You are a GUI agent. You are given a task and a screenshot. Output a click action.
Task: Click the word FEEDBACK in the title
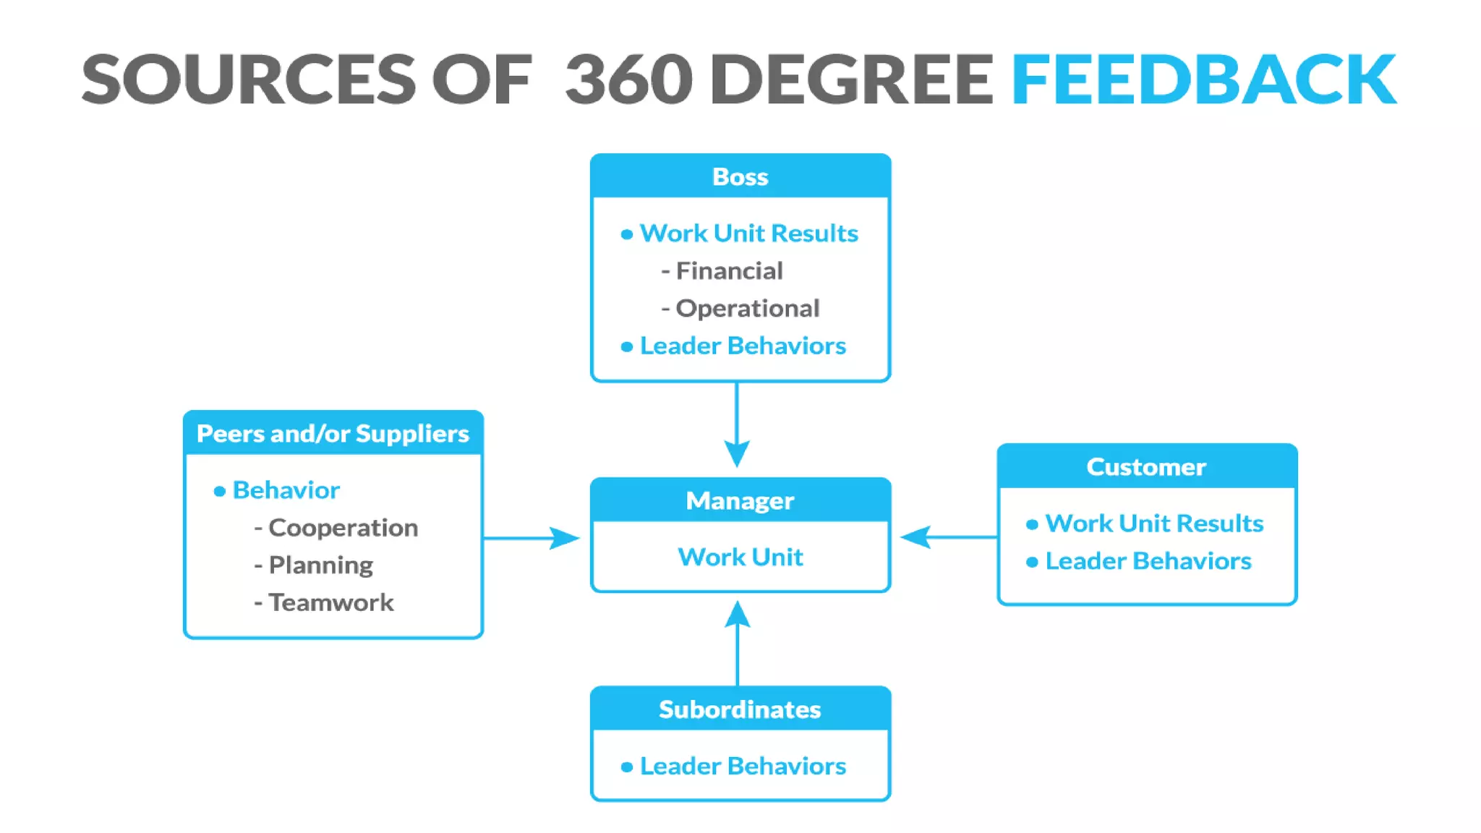(1203, 80)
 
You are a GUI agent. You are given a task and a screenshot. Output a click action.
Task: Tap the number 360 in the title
(628, 80)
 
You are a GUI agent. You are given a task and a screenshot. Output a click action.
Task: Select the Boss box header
(740, 176)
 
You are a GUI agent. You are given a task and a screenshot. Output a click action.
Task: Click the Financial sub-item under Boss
(729, 271)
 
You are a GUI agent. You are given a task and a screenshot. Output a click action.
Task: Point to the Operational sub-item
(747, 309)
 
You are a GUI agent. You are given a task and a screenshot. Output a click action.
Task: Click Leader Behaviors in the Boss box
(743, 346)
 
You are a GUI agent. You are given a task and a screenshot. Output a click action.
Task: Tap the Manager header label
(740, 500)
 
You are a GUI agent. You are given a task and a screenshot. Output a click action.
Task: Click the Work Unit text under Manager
(740, 557)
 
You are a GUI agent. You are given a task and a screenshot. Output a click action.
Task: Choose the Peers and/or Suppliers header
(333, 434)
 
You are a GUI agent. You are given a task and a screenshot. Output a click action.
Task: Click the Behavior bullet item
(286, 490)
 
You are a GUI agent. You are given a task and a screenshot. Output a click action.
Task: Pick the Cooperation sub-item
(343, 528)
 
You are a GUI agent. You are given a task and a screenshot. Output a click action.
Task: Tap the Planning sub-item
(320, 565)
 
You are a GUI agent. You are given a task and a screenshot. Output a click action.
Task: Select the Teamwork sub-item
(330, 603)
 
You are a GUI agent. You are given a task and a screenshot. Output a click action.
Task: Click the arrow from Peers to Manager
(532, 538)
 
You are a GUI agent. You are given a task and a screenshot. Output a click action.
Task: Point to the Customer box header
(1146, 467)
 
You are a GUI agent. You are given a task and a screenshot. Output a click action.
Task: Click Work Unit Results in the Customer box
(1154, 524)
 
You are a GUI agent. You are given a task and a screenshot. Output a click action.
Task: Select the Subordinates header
(740, 709)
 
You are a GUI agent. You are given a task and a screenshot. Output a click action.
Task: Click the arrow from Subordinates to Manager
(737, 644)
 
